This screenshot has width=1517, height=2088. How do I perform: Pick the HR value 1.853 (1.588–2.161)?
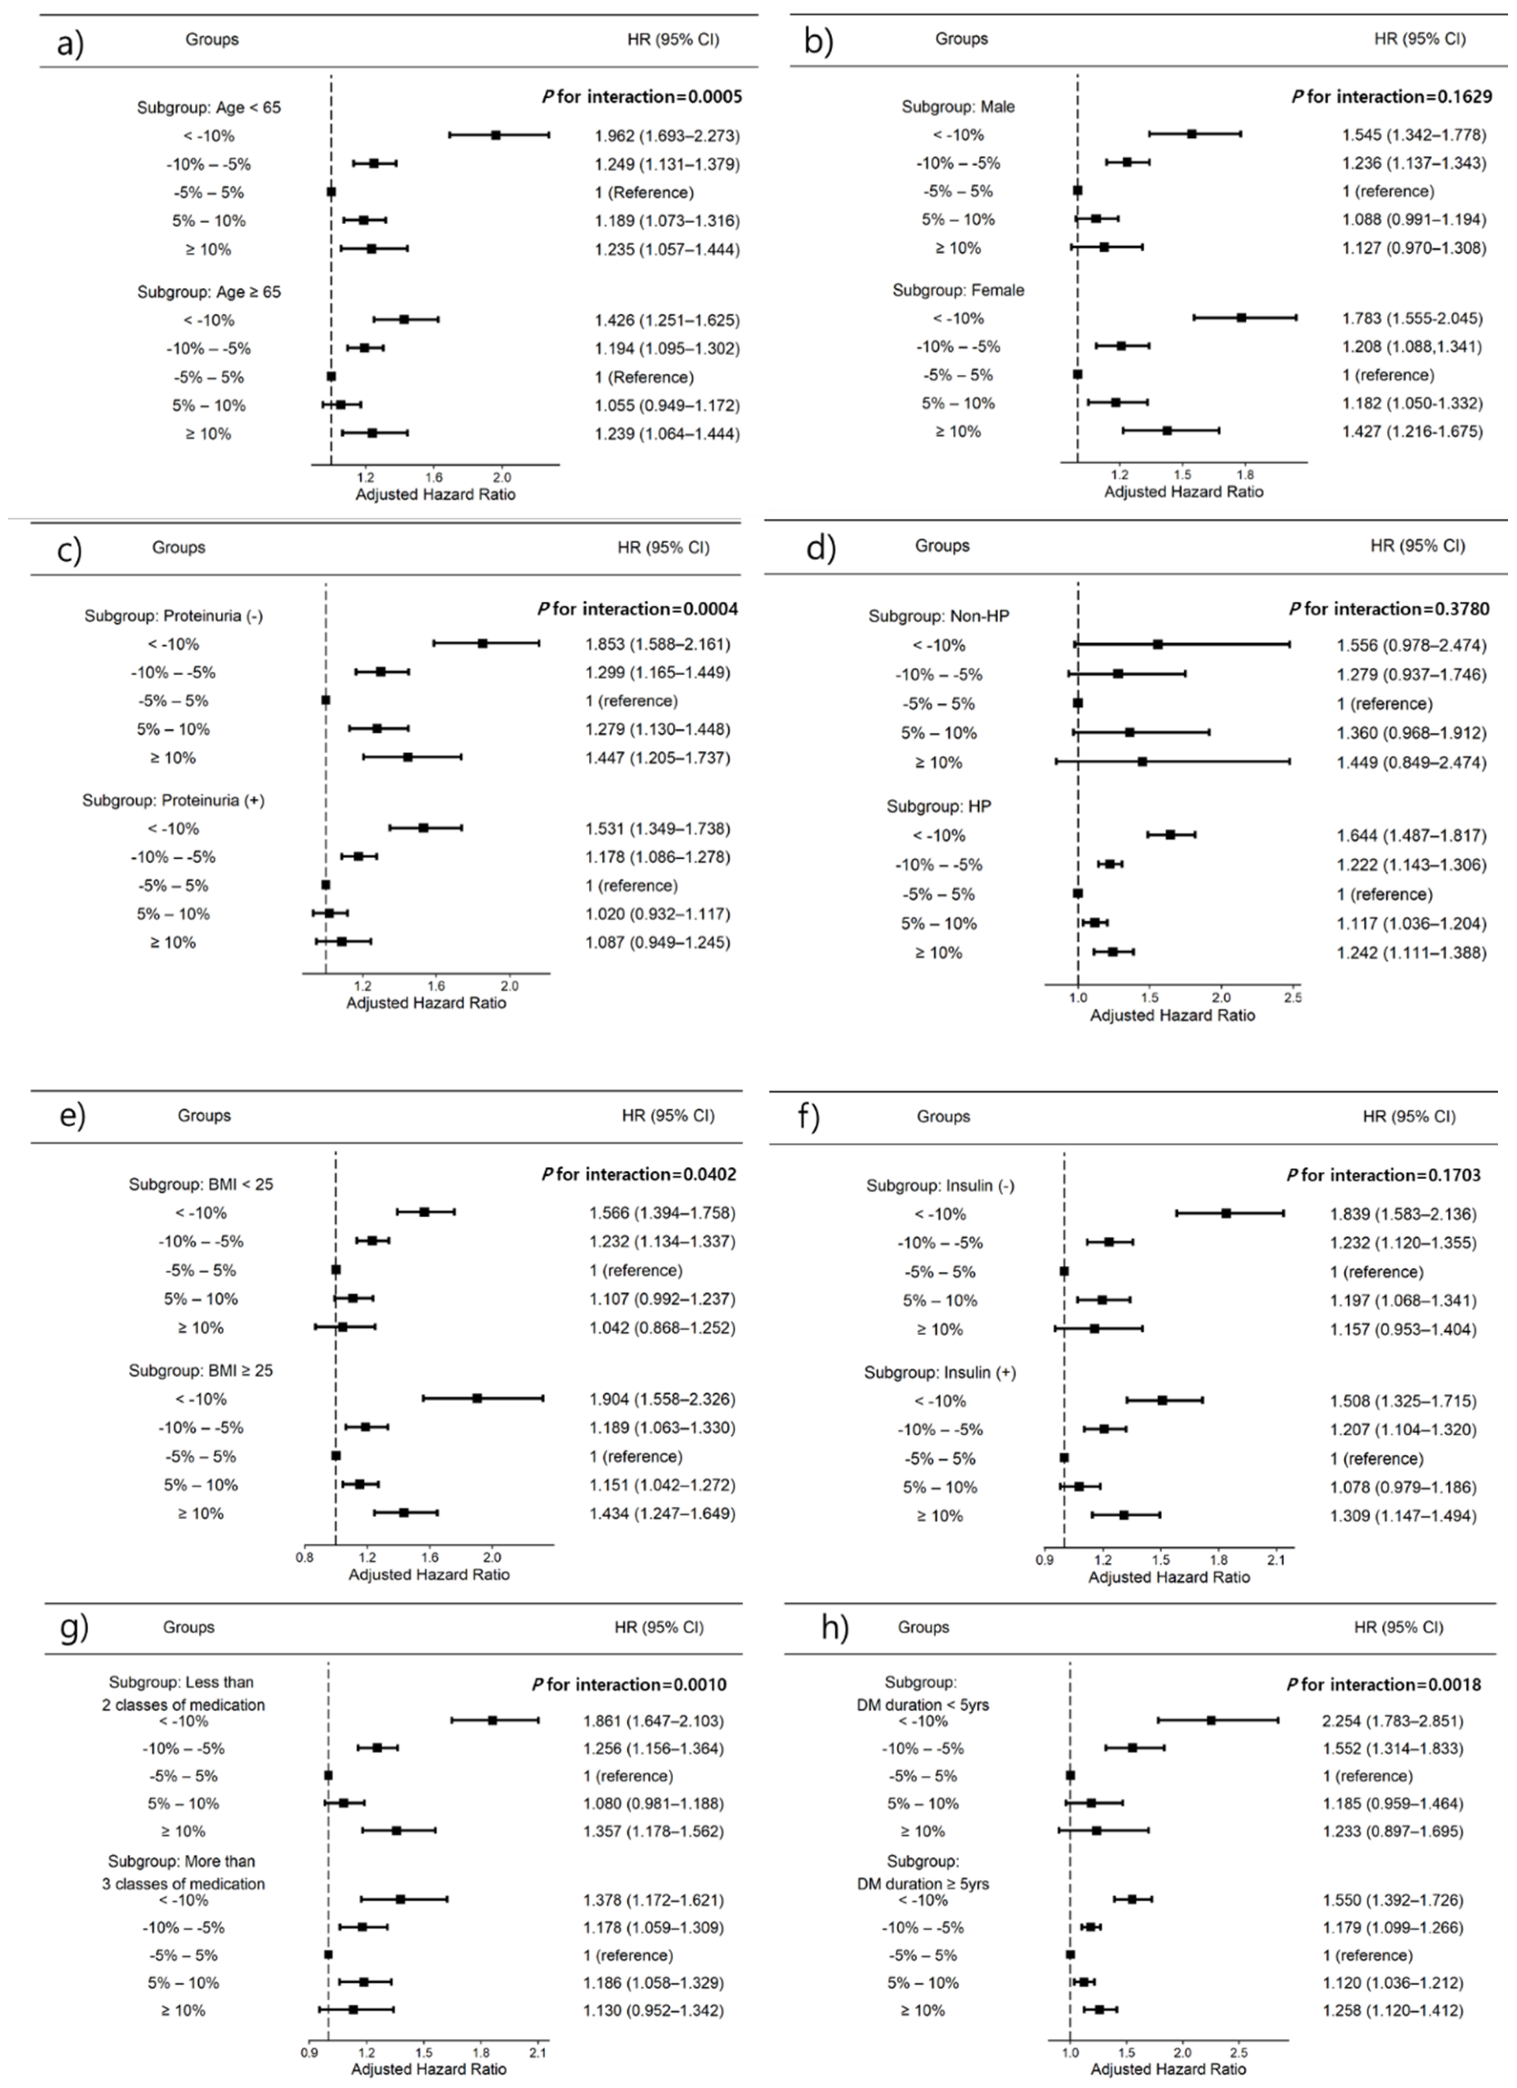tap(657, 645)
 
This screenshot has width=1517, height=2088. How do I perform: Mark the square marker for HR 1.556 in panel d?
tap(1157, 645)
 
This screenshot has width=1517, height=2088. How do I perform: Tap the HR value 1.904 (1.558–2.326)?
tap(662, 1399)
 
